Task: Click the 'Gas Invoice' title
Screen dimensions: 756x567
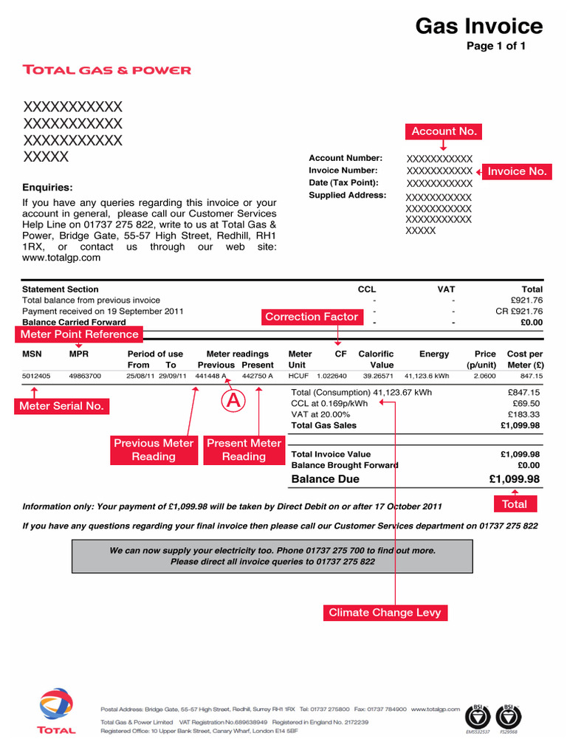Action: (x=478, y=27)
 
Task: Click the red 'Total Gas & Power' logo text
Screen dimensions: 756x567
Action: (x=107, y=70)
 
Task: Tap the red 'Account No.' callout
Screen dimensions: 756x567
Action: (x=444, y=131)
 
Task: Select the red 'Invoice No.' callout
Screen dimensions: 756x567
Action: (x=517, y=171)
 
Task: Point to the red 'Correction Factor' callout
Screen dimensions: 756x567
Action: (x=312, y=317)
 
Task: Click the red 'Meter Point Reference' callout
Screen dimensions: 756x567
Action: (x=80, y=334)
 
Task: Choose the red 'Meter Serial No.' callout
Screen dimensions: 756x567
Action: (x=61, y=406)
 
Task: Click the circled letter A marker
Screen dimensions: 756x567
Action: (x=233, y=401)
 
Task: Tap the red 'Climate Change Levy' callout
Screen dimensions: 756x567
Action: (x=385, y=613)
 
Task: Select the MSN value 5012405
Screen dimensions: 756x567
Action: (x=36, y=376)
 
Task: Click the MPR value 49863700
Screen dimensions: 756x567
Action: (x=85, y=376)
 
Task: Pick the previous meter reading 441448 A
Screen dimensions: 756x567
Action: (x=210, y=376)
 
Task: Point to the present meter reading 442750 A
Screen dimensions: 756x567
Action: (x=258, y=376)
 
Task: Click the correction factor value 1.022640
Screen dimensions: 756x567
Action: (x=331, y=376)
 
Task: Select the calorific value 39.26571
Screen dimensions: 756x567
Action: (x=378, y=376)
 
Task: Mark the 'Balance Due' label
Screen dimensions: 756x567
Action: (x=326, y=479)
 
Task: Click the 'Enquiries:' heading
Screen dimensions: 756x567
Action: (x=48, y=188)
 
